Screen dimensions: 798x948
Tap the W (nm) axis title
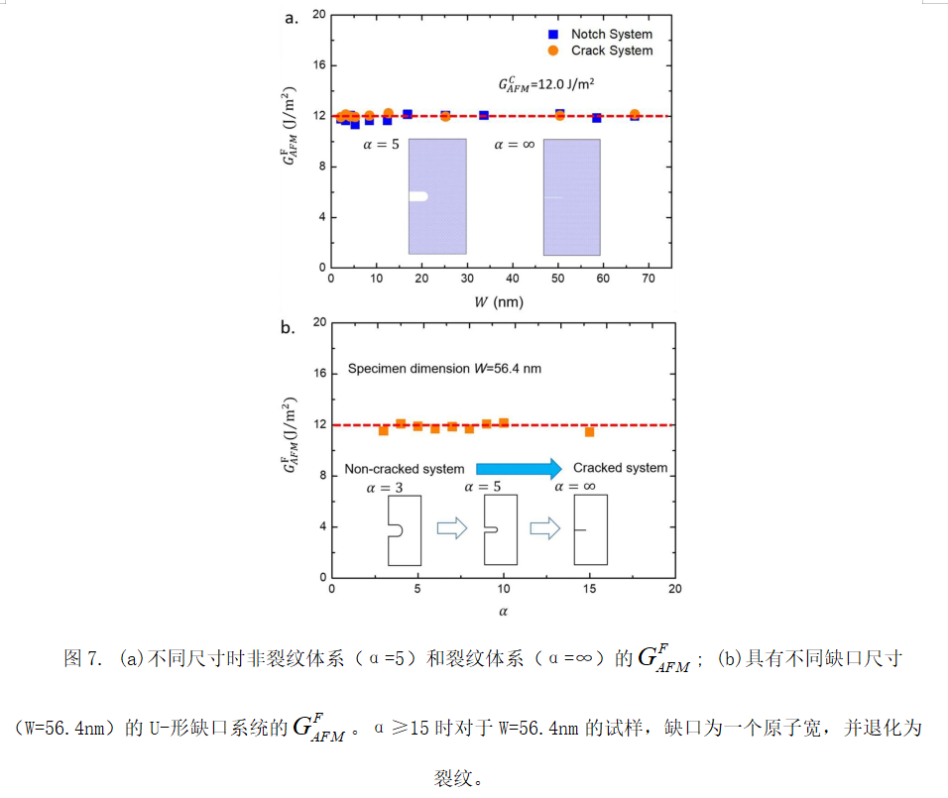coord(504,301)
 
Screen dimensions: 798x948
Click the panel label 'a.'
coord(292,17)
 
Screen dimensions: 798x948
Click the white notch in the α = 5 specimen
coord(418,196)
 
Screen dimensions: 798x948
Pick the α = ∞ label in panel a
coord(515,145)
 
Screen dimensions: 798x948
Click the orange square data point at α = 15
coord(589,432)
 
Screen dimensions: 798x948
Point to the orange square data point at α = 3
coord(384,430)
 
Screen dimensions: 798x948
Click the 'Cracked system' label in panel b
coord(620,468)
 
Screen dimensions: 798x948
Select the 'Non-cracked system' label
coord(404,469)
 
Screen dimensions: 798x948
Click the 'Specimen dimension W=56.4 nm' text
coord(443,369)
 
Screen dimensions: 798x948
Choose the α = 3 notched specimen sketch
coord(402,530)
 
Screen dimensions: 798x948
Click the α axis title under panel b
coord(503,611)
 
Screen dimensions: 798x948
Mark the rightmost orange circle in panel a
coord(635,115)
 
